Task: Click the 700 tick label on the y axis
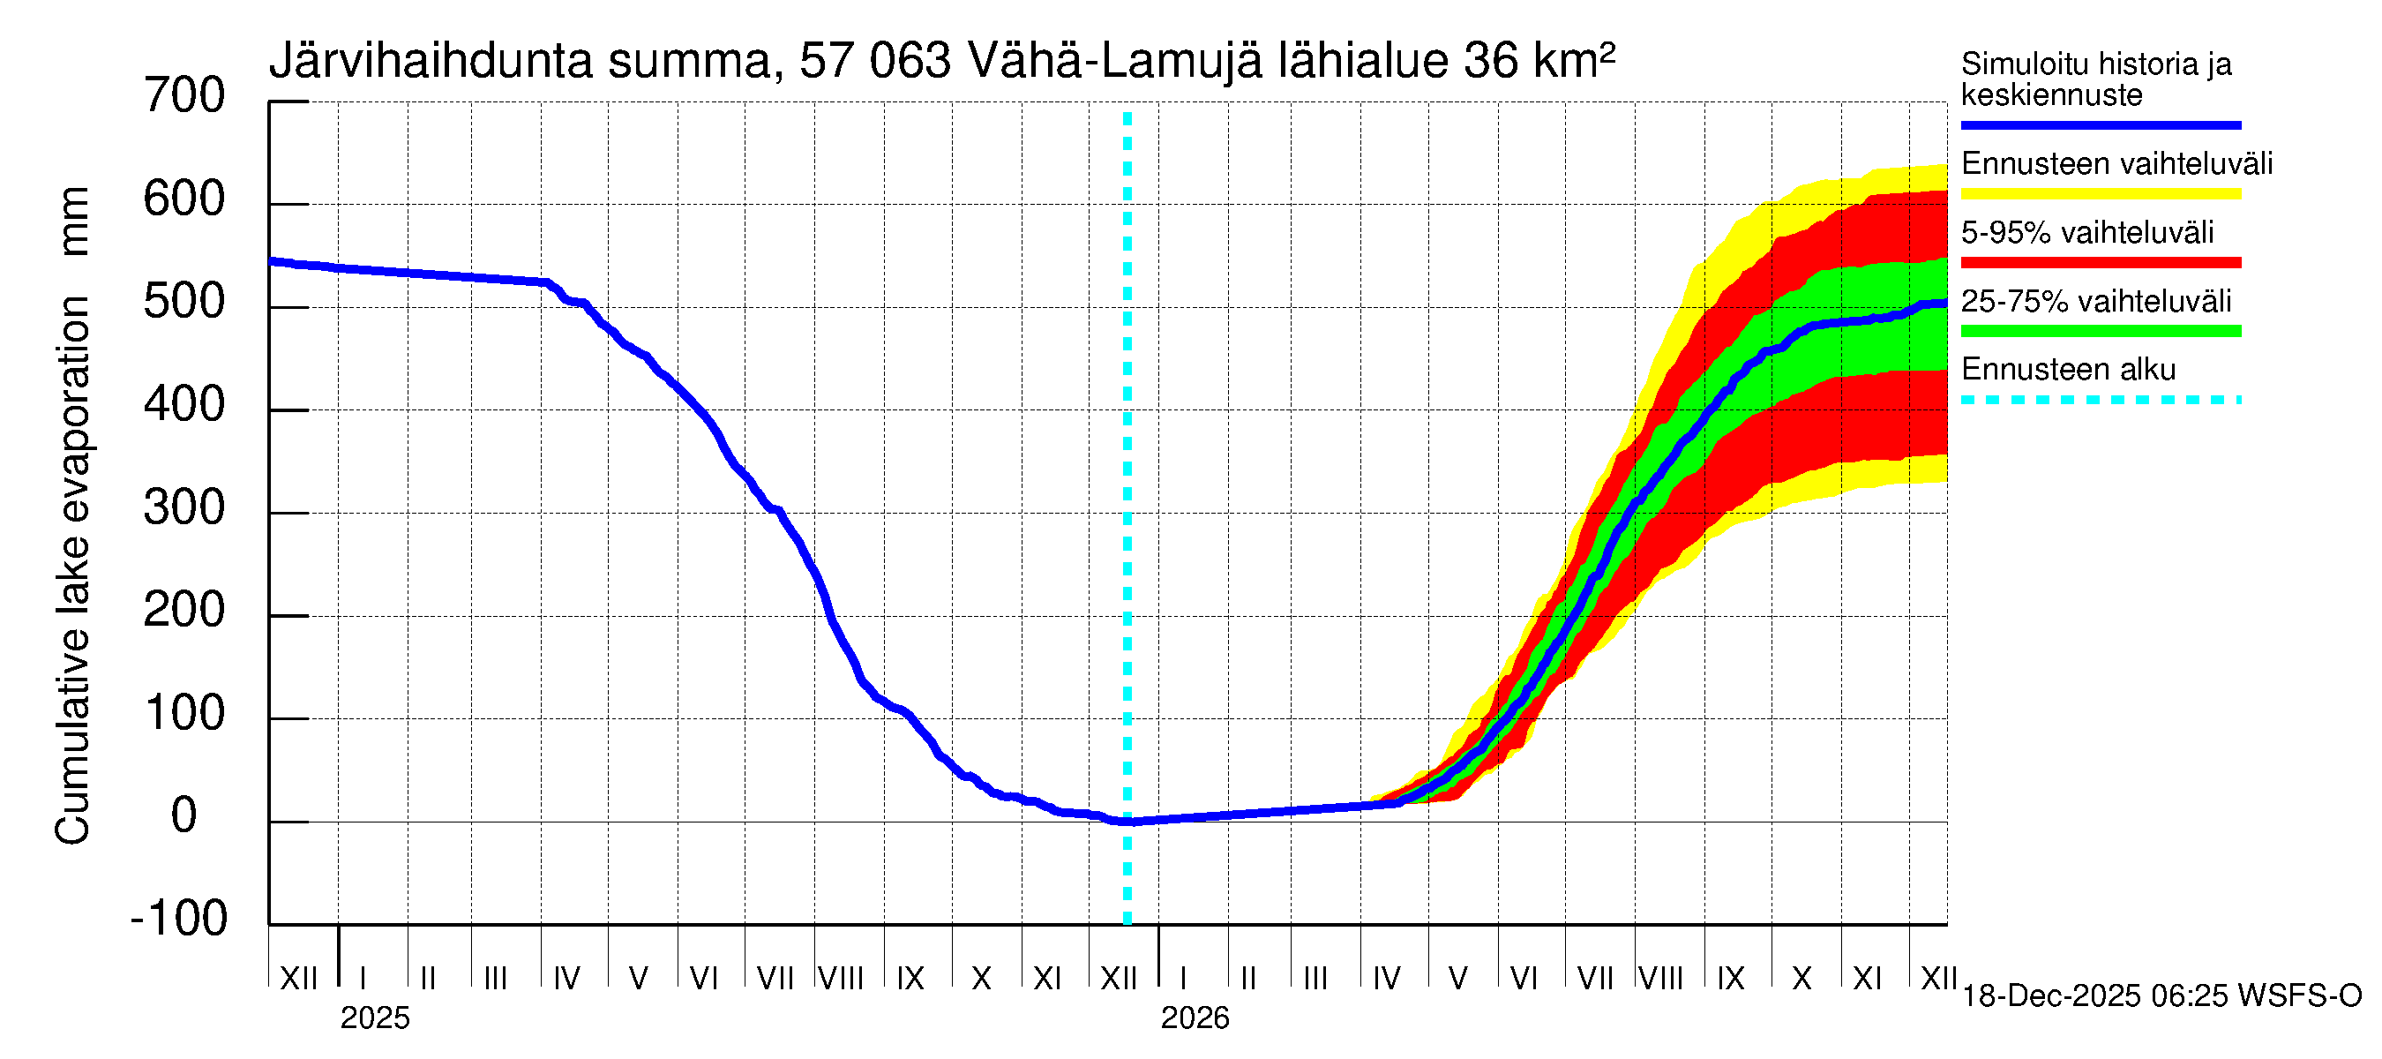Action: [x=184, y=96]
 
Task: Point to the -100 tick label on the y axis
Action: [x=179, y=919]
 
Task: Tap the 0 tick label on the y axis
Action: [x=184, y=815]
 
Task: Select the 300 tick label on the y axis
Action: [x=184, y=507]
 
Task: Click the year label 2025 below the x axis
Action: [x=374, y=1018]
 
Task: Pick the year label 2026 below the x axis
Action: [x=1195, y=1018]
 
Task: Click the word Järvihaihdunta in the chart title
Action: [x=431, y=62]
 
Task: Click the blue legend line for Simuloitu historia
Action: [x=2100, y=124]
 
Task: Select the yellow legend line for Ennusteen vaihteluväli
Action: [x=2100, y=194]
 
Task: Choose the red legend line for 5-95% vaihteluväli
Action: [x=2100, y=263]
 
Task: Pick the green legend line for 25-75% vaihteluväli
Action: [x=2100, y=331]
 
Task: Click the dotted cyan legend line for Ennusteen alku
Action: [x=2100, y=401]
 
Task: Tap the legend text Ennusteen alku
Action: [x=2069, y=370]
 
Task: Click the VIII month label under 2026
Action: [x=1660, y=978]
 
